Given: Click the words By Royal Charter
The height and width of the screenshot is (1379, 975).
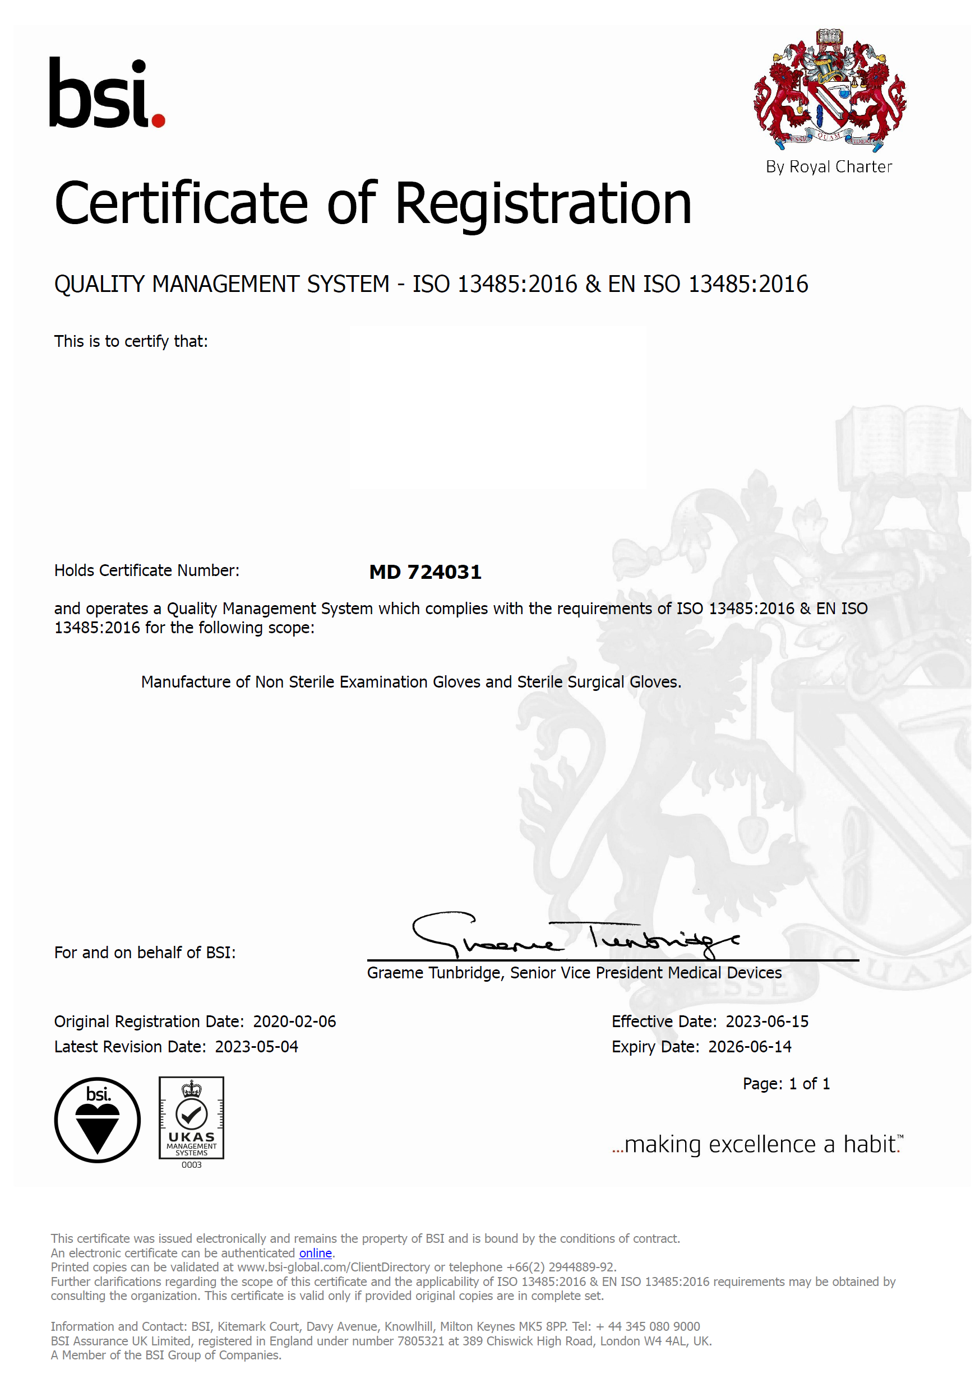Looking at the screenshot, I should click(x=828, y=167).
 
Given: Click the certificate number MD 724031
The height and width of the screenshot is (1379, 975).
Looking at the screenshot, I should click(x=425, y=572).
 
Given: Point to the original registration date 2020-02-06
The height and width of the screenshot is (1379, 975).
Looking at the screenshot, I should click(x=294, y=1022).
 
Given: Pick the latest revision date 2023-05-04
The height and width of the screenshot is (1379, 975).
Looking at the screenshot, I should click(x=256, y=1047).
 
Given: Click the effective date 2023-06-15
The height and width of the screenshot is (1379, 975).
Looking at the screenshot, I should click(x=766, y=1022).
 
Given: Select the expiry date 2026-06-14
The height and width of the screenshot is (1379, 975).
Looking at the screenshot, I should click(x=749, y=1047).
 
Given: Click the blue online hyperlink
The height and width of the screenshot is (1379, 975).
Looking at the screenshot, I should click(x=315, y=1253).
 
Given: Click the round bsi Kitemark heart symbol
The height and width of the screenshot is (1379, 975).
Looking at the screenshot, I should click(x=98, y=1120).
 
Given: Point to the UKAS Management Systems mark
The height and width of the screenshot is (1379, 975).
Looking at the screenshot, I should click(x=191, y=1118).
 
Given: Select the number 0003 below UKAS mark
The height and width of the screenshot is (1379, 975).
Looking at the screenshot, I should click(x=191, y=1165).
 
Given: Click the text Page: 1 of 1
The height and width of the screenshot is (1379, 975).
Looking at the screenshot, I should click(x=785, y=1084).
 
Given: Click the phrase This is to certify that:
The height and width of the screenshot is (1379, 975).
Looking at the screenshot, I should click(x=131, y=342).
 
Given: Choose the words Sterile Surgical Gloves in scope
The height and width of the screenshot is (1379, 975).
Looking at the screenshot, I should click(x=598, y=682).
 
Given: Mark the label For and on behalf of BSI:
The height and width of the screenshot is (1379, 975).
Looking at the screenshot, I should click(x=145, y=953).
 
